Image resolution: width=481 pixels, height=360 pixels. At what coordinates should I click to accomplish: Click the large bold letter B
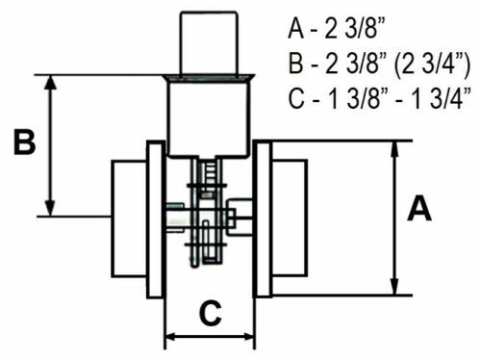point(25,141)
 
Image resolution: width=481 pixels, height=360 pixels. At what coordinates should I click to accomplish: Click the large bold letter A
point(419,209)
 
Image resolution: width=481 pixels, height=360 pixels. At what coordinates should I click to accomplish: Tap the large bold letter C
point(210,313)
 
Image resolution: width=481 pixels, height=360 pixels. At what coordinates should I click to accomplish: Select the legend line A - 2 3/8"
point(337,29)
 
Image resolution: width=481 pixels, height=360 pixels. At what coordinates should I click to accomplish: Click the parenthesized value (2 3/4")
point(432,64)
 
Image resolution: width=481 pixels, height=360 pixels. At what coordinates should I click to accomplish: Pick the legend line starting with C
point(380,98)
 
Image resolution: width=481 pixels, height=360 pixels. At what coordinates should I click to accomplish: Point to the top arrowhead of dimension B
point(50,83)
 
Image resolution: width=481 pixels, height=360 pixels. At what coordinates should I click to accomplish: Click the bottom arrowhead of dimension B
point(50,209)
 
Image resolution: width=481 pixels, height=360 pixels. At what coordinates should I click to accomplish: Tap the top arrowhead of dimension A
point(395,148)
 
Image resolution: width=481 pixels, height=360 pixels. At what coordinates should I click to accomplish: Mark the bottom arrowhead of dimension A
point(395,287)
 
